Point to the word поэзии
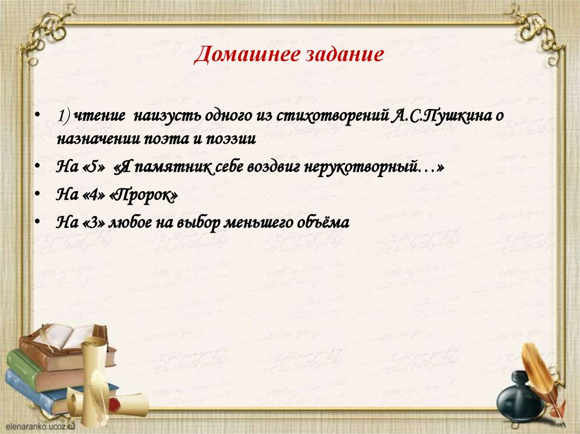232,139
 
